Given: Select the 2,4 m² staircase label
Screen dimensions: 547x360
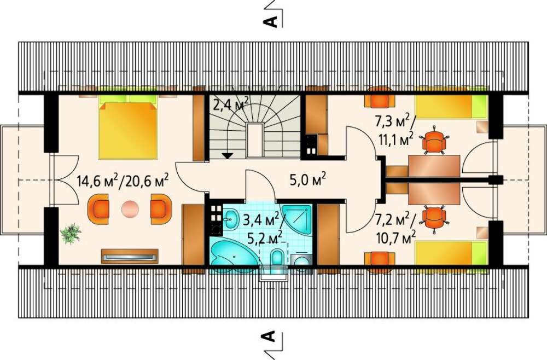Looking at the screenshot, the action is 231,103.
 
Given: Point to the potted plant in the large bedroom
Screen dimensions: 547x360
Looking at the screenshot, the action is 71,234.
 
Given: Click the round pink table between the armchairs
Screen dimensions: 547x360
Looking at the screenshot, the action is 130,210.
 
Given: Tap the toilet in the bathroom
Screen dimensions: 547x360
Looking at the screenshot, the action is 277,258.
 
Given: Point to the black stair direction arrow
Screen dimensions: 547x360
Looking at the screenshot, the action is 227,156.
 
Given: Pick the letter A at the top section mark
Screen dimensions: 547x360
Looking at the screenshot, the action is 270,21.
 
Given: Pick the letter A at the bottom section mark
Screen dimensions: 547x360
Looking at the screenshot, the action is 268,336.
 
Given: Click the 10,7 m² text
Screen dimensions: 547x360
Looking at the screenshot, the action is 396,238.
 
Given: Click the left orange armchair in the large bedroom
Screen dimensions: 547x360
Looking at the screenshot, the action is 98,210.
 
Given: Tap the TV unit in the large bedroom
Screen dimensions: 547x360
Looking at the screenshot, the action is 130,257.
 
